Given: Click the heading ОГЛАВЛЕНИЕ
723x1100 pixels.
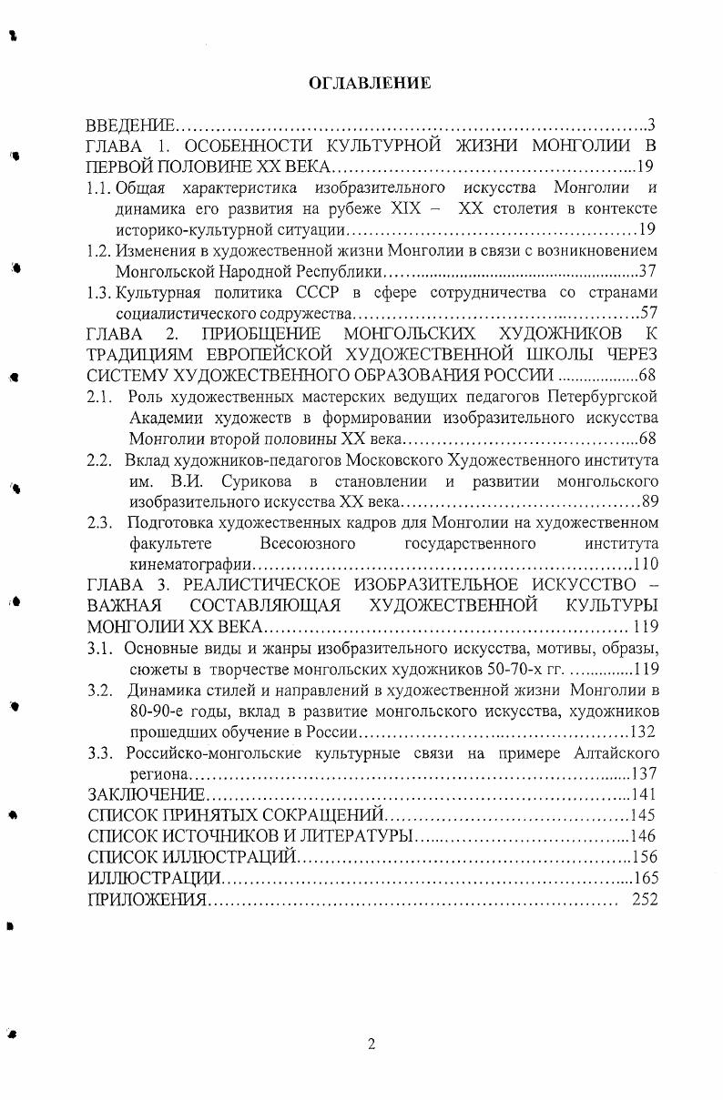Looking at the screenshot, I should (x=370, y=83).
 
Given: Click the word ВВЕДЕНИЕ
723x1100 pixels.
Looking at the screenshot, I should (x=129, y=124).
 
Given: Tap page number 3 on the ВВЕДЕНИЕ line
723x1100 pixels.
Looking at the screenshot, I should (x=651, y=124).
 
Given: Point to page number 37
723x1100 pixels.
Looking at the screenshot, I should (x=647, y=271).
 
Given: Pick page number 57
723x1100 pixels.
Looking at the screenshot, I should (x=648, y=313).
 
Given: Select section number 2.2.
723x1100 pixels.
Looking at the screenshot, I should (x=100, y=459).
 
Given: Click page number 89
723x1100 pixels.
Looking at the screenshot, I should (x=649, y=501).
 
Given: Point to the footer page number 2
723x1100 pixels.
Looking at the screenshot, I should (x=371, y=1044).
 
